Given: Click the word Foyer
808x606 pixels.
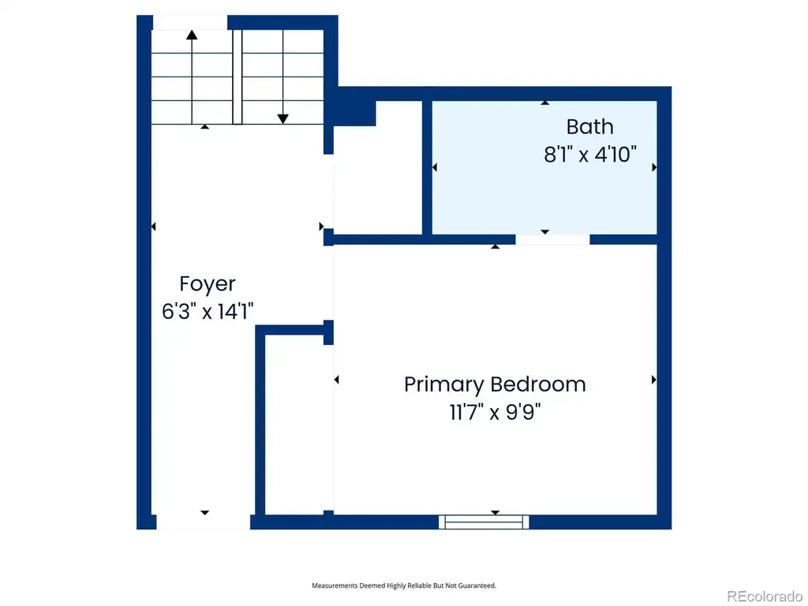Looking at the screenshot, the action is pyautogui.click(x=208, y=284).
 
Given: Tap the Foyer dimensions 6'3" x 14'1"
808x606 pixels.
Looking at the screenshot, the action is pyautogui.click(x=208, y=311).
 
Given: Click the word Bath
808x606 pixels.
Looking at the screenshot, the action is pyautogui.click(x=589, y=127).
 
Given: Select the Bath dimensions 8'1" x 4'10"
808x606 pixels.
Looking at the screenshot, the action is pyautogui.click(x=590, y=154).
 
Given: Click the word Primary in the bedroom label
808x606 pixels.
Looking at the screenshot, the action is pyautogui.click(x=443, y=385).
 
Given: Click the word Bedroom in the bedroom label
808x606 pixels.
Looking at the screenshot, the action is pyautogui.click(x=537, y=384).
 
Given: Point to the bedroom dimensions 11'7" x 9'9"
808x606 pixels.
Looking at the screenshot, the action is pyautogui.click(x=496, y=412).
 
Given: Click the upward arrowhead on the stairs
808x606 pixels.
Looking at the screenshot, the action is pyautogui.click(x=192, y=35).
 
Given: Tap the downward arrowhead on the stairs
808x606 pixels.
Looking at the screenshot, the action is pyautogui.click(x=283, y=119).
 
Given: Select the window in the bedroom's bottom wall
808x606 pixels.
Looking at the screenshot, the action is pyautogui.click(x=484, y=522).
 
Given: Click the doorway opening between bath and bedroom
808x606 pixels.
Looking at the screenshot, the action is pyautogui.click(x=552, y=240).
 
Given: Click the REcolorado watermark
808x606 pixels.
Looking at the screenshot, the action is pyautogui.click(x=764, y=597).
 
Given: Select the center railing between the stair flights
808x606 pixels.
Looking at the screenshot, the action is pyautogui.click(x=237, y=77).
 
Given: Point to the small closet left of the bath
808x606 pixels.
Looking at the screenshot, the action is pyautogui.click(x=378, y=167).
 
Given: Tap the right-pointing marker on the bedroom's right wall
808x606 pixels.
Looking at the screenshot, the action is pyautogui.click(x=654, y=380).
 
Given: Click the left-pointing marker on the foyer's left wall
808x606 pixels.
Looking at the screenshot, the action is pyautogui.click(x=153, y=226).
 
